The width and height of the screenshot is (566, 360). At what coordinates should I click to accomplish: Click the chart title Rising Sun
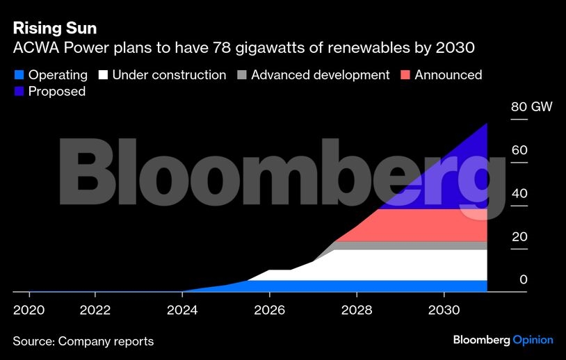pos(54,29)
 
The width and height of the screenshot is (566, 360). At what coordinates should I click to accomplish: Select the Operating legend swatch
pos(19,75)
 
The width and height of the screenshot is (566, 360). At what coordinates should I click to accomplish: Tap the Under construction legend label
pos(169,75)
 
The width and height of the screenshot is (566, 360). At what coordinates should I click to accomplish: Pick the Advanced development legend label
pos(320,75)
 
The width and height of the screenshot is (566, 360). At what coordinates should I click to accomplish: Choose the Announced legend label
pos(448,75)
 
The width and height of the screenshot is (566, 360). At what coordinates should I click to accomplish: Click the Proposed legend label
pos(57,92)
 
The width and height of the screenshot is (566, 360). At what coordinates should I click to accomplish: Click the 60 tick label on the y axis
pos(519,151)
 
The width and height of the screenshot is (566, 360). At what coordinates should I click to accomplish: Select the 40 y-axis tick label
pos(519,194)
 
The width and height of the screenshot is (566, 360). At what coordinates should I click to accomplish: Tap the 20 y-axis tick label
pos(519,237)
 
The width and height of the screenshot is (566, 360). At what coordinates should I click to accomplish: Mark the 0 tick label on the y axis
pos(524,280)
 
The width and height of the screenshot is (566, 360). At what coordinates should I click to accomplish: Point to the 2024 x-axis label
pos(182,309)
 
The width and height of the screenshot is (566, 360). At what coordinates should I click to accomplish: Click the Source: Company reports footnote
pos(83,341)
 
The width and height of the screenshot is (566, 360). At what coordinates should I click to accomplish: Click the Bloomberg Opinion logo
pos(503,341)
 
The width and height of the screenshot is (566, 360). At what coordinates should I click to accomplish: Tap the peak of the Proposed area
pos(486,124)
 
